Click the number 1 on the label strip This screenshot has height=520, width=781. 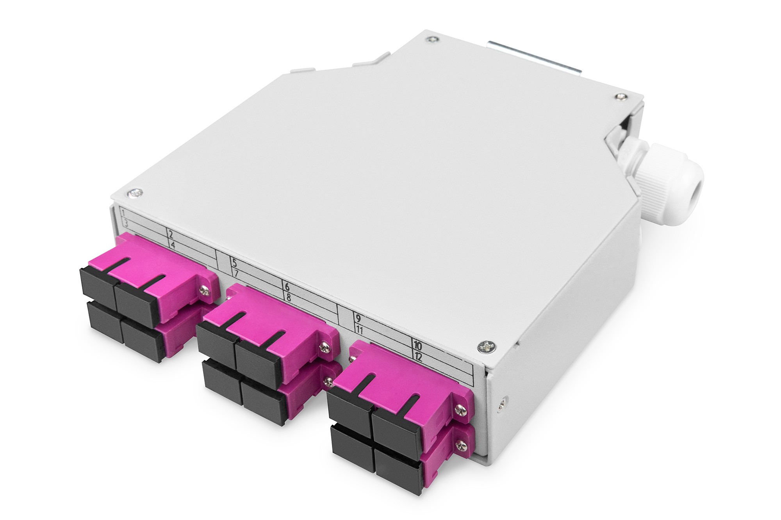[123, 213]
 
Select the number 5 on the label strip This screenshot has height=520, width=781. [235, 262]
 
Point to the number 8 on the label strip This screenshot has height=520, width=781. [289, 298]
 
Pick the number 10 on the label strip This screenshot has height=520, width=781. [417, 346]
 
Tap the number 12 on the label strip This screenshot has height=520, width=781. [418, 357]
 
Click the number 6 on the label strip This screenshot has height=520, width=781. [287, 287]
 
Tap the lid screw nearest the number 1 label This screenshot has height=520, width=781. [136, 192]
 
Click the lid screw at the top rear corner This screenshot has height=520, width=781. [432, 39]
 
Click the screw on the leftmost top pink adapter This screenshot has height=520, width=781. [203, 289]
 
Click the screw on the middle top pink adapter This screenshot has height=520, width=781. [324, 346]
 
